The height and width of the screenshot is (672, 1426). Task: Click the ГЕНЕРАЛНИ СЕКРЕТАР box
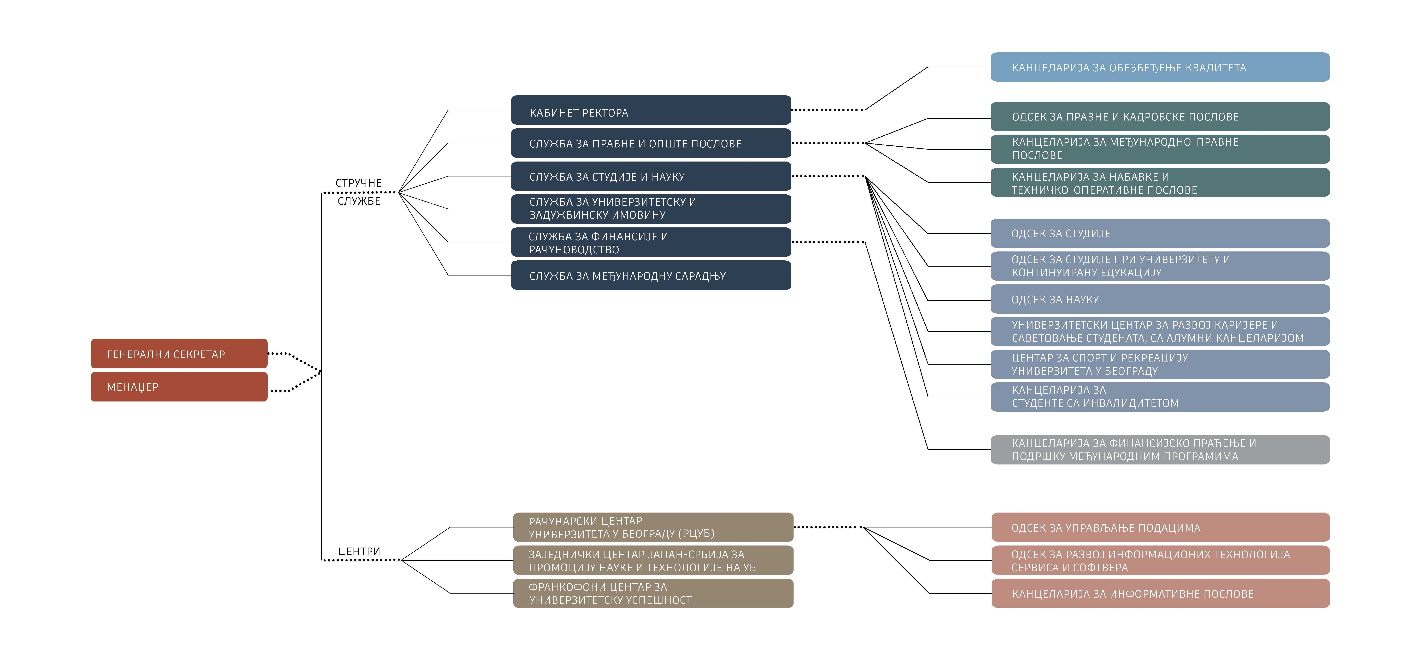coord(179,353)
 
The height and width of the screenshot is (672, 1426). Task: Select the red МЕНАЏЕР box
coord(179,387)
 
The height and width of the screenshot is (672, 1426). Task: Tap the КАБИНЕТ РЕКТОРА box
coord(651,110)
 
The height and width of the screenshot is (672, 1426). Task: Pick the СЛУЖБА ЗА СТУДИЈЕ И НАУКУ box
coord(651,176)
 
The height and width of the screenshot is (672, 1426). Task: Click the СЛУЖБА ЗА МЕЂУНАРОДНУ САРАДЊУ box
coord(651,275)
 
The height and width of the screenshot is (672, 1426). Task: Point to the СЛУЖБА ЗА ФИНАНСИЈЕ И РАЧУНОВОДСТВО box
coord(651,242)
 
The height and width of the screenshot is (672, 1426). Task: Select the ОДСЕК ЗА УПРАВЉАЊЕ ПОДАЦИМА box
coord(1160,527)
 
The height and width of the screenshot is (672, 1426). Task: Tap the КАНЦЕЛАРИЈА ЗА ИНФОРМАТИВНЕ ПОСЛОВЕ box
coord(1160,593)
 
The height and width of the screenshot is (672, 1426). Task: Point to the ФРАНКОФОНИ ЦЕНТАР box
coord(653,593)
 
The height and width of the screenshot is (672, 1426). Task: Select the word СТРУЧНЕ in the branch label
coord(359,183)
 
